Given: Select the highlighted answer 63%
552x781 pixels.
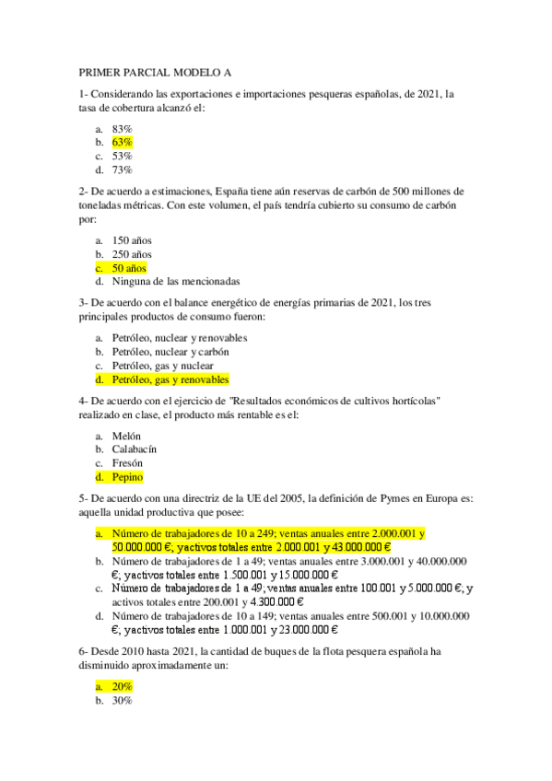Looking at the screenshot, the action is [123, 143].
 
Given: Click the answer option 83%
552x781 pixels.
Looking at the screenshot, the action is [123, 129].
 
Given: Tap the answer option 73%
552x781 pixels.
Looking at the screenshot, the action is [123, 169].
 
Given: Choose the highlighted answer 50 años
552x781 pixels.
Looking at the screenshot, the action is [129, 268].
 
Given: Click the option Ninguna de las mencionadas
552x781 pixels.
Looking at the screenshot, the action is [175, 281].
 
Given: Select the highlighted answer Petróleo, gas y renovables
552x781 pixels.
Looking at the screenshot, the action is [170, 379].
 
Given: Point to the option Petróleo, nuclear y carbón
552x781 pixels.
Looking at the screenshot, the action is [170, 352].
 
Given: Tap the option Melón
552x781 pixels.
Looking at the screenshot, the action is [127, 436].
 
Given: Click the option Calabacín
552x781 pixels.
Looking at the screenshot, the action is [135, 449].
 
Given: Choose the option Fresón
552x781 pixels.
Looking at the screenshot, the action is [128, 463].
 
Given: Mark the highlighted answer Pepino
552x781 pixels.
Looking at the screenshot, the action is [128, 477].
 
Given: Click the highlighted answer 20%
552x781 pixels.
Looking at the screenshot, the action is [123, 686].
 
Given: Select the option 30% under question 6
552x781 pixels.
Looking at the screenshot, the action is [123, 700].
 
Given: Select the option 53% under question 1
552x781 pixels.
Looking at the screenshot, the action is [123, 156].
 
